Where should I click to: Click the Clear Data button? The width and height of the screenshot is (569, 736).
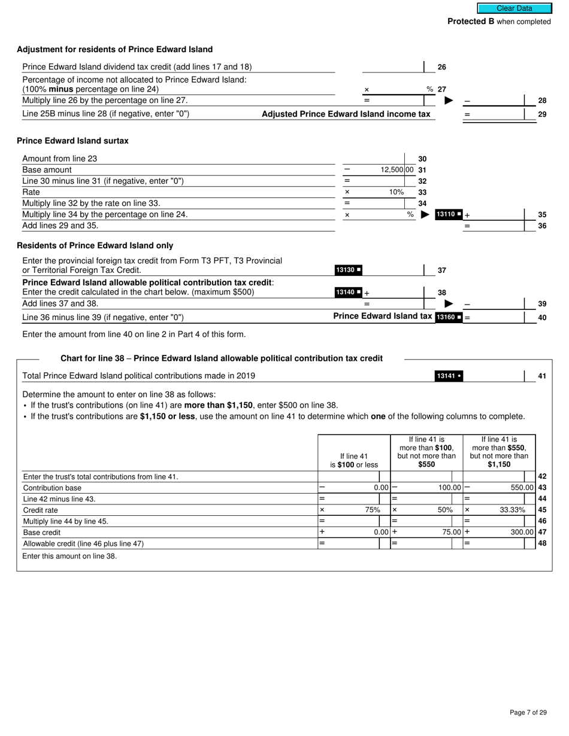(x=514, y=8)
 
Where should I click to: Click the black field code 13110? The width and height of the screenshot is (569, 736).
(x=449, y=214)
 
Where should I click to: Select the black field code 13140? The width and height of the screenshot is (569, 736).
(x=348, y=292)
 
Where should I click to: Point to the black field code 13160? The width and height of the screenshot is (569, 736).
(x=449, y=317)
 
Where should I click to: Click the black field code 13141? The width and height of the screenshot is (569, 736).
(x=449, y=376)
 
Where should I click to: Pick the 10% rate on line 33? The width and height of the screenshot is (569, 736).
(x=396, y=192)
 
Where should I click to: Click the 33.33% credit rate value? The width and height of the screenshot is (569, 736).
(x=512, y=510)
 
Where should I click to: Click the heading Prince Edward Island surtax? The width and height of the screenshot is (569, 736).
(x=72, y=141)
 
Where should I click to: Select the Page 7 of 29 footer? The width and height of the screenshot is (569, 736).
(x=528, y=712)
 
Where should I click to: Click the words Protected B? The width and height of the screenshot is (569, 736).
(x=471, y=22)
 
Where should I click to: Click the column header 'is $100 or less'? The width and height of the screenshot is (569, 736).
(x=354, y=464)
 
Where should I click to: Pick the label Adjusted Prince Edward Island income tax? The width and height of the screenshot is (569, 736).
(x=346, y=114)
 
